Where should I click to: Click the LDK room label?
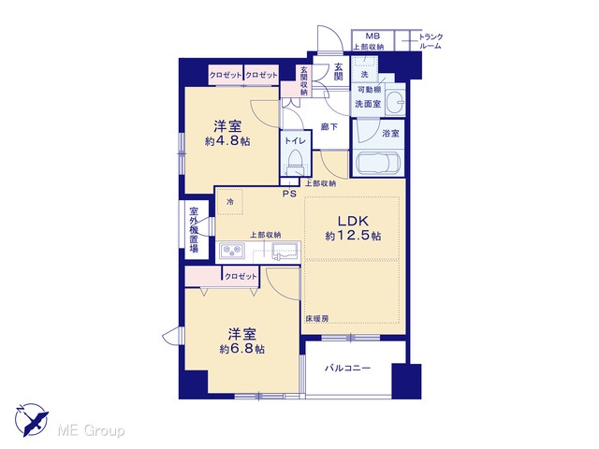(353, 221)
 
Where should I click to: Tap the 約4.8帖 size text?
(227, 141)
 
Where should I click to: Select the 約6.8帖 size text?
(241, 349)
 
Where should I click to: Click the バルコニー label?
(347, 369)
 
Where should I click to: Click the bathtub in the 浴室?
(377, 164)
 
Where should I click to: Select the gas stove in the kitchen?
(232, 252)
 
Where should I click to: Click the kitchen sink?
(285, 252)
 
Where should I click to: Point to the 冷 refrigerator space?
(230, 202)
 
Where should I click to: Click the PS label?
(289, 194)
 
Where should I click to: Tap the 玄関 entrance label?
(339, 71)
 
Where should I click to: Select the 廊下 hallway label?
(329, 127)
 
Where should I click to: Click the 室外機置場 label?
(194, 230)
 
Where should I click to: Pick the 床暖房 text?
(316, 318)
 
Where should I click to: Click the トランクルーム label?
(431, 41)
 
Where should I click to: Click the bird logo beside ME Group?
(32, 420)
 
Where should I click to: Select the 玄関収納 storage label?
(303, 80)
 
